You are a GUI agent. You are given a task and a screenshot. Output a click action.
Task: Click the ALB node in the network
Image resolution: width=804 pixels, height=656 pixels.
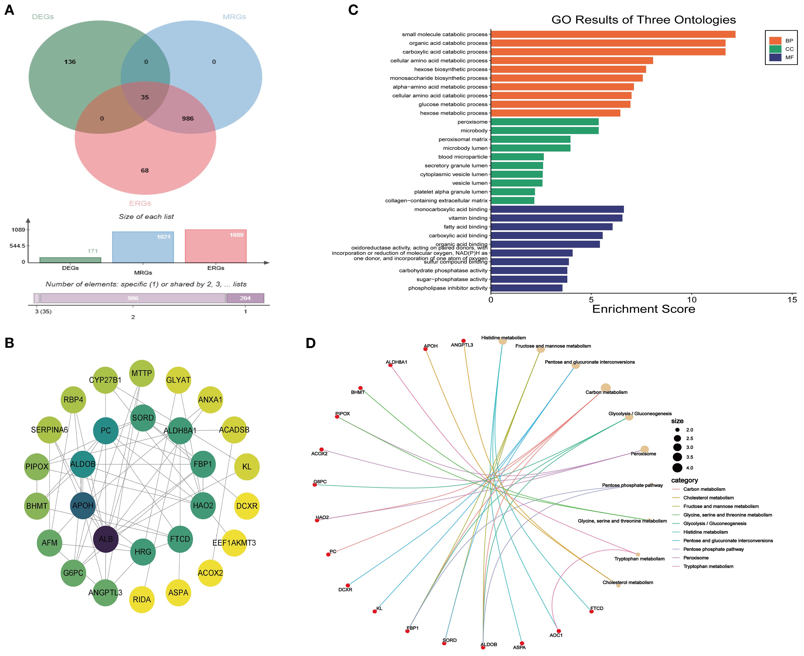click(106, 539)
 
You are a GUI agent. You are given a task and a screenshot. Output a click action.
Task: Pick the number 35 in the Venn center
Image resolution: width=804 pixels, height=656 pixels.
click(145, 97)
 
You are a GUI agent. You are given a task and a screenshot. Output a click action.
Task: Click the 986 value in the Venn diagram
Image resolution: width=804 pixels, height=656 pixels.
click(188, 119)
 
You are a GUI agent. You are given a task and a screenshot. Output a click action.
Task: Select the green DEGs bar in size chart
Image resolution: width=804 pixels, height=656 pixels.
click(70, 260)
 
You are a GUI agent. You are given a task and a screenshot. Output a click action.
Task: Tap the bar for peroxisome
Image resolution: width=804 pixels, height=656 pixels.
click(544, 122)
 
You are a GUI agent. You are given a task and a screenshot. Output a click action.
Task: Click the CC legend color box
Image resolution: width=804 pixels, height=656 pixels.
click(775, 49)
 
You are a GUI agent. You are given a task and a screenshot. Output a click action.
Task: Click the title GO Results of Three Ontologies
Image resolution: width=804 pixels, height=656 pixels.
click(643, 20)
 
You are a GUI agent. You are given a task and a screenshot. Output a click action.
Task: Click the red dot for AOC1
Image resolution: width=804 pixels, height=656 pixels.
click(559, 631)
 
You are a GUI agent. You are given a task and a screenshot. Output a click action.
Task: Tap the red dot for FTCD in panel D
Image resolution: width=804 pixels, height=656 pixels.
click(592, 611)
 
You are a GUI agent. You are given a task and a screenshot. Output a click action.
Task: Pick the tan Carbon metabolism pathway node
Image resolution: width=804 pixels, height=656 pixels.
click(606, 388)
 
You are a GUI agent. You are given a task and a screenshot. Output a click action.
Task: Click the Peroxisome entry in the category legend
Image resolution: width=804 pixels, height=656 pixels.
click(695, 558)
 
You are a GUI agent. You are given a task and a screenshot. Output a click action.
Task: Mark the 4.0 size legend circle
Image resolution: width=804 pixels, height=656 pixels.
click(677, 468)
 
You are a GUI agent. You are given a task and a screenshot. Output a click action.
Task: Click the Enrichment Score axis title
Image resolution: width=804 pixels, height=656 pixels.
click(643, 309)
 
